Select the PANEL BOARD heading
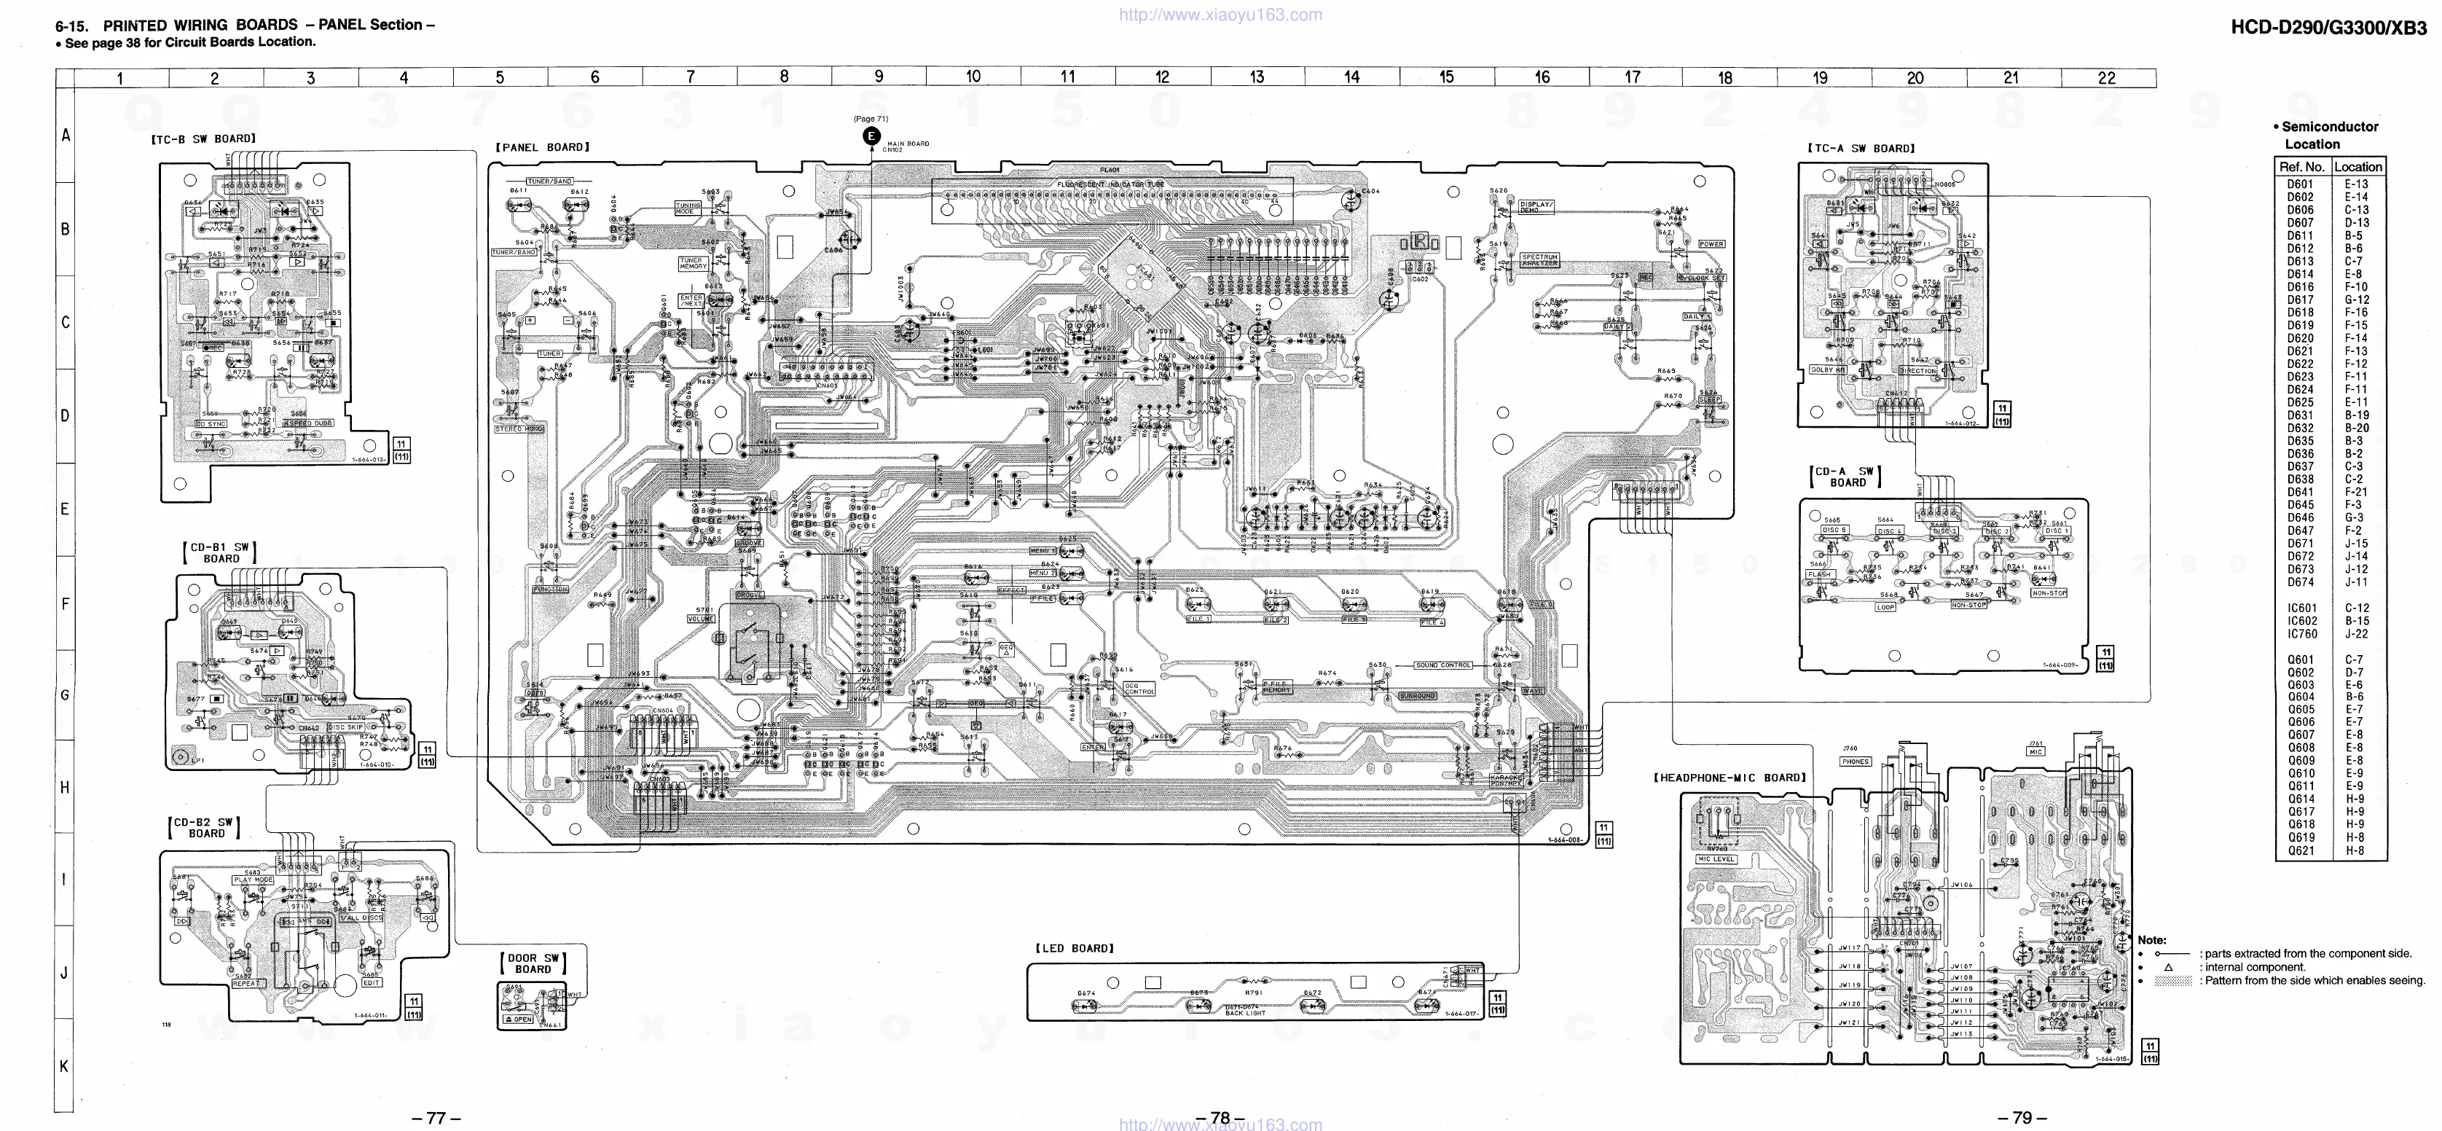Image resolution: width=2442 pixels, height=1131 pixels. click(x=542, y=148)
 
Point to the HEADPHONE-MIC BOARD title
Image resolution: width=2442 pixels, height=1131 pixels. click(x=1730, y=778)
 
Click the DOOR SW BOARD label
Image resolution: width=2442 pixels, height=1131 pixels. click(x=533, y=963)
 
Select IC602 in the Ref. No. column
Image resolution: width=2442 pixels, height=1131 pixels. click(x=2301, y=621)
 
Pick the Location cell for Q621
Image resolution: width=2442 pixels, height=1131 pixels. click(x=2357, y=850)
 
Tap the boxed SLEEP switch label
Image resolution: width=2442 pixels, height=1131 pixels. click(x=1709, y=400)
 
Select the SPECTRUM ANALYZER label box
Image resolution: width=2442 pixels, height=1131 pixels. click(x=1539, y=259)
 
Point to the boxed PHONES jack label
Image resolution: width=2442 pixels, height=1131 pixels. click(x=1856, y=762)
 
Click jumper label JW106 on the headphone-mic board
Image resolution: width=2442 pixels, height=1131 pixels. click(x=1961, y=885)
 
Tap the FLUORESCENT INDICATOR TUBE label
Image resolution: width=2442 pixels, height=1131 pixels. click(x=1111, y=184)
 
